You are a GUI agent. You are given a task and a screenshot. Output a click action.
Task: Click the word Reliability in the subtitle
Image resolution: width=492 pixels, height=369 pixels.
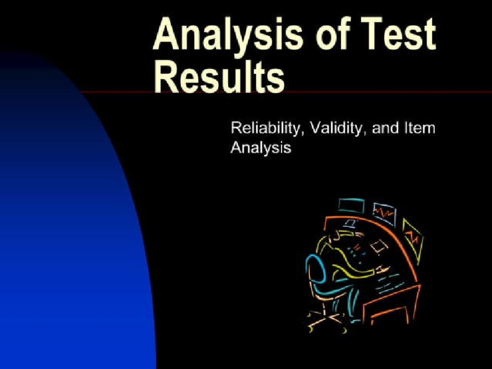(268, 128)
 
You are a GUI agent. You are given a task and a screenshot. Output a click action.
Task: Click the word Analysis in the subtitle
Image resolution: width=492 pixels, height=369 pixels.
(260, 147)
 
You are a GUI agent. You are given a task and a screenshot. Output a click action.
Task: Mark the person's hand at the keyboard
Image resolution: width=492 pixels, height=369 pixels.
(381, 269)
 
